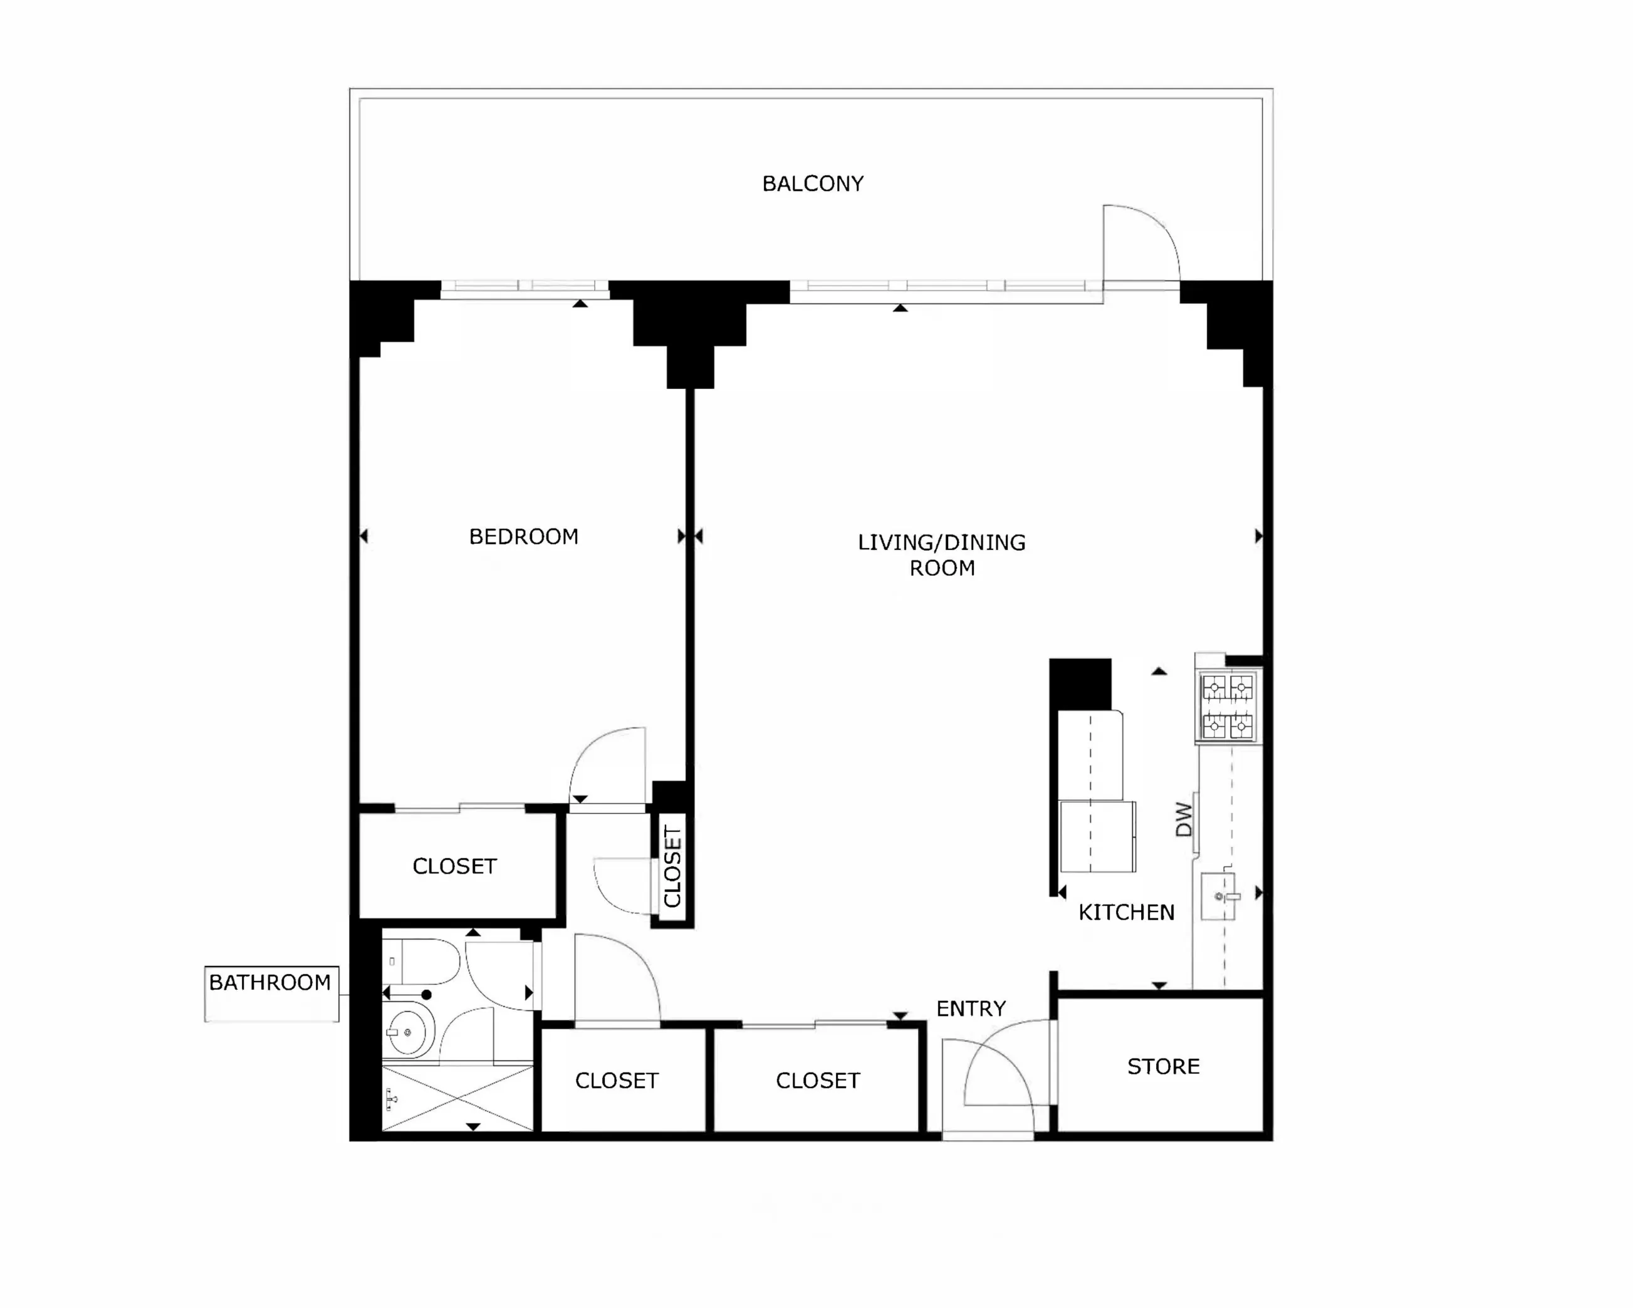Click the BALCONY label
tap(813, 184)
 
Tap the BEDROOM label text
tap(523, 537)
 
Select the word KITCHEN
tap(1126, 913)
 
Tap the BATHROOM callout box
tap(271, 993)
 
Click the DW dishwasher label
tap(1184, 819)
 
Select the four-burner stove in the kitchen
tap(1228, 707)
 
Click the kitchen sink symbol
tap(1219, 896)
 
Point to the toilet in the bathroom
tap(420, 962)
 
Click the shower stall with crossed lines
tap(457, 1099)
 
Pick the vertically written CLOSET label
tap(672, 867)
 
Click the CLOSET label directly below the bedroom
tap(454, 866)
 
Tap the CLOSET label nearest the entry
tap(818, 1081)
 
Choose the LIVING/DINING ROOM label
tap(941, 555)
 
